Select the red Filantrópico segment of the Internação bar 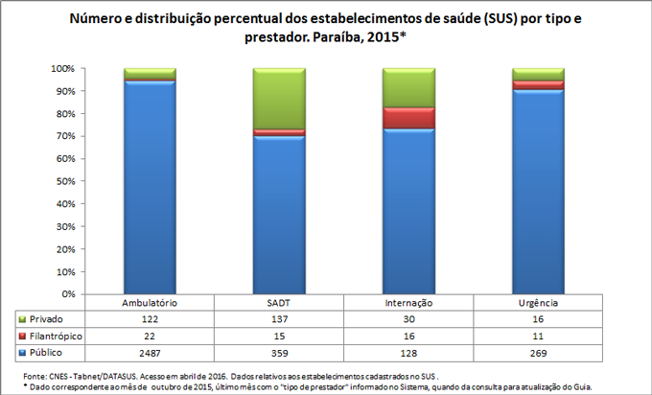click(408, 117)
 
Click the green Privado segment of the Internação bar click(408, 87)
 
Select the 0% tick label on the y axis click(67, 294)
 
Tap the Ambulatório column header click(149, 302)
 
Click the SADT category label click(278, 302)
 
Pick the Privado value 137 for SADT click(278, 318)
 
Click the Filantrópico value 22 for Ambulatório click(149, 335)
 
